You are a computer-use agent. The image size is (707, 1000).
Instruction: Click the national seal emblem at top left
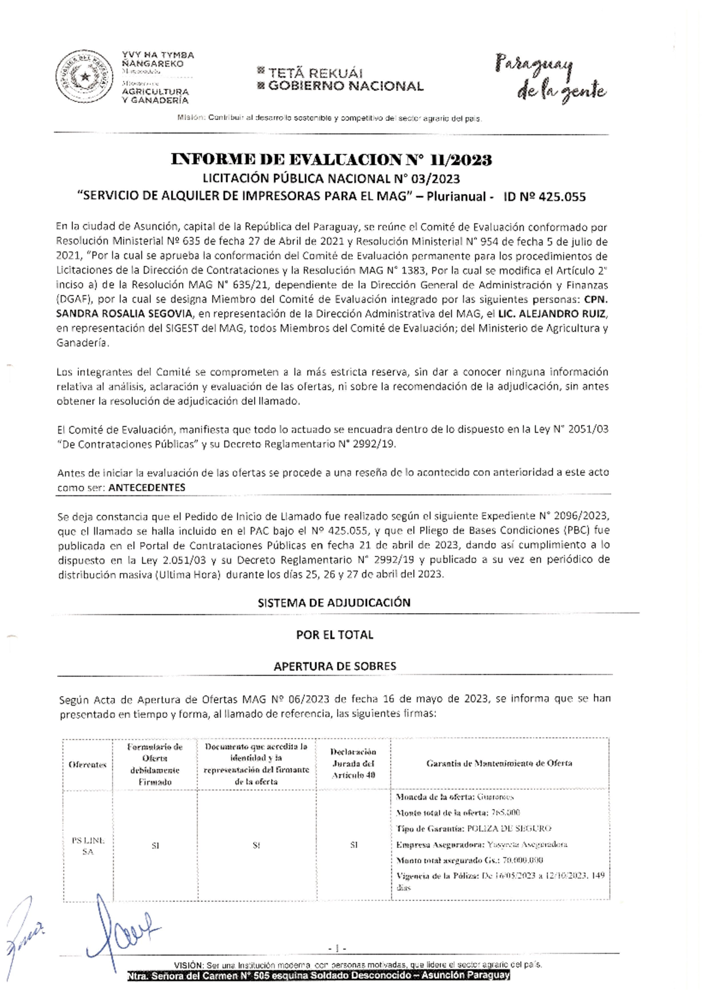click(x=85, y=77)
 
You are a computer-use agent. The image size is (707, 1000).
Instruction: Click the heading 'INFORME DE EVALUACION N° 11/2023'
click(x=331, y=160)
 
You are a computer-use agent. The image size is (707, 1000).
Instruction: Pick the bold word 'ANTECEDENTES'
click(x=147, y=488)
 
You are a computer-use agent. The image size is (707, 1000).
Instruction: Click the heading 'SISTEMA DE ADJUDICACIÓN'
click(x=334, y=602)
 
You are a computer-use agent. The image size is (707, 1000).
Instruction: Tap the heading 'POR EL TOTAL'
click(x=334, y=635)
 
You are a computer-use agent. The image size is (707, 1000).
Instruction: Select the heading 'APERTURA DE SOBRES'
click(x=335, y=666)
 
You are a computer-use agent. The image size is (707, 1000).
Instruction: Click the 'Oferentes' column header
click(x=87, y=764)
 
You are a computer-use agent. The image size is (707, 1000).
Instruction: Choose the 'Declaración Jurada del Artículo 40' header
click(x=353, y=763)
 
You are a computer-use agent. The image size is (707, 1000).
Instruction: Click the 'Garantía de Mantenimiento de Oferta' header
click(x=499, y=763)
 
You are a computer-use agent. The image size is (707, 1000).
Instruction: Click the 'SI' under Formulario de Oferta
click(x=155, y=846)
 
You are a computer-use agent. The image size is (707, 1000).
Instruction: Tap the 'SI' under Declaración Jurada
click(x=353, y=845)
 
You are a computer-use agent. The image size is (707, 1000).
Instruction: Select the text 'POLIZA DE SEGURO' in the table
click(x=509, y=829)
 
